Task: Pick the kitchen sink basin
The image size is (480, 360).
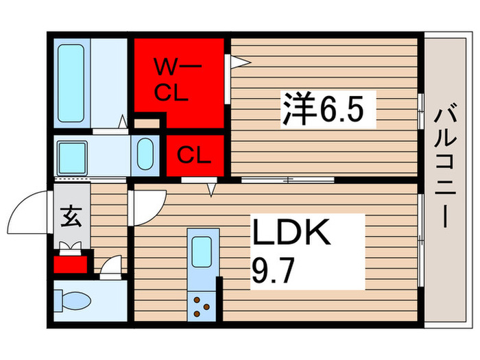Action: click(202, 252)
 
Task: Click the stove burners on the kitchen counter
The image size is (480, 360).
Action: click(202, 305)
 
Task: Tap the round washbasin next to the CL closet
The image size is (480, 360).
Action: click(145, 154)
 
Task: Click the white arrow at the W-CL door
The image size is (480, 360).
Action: click(237, 62)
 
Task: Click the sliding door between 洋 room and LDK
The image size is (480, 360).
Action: click(288, 180)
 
